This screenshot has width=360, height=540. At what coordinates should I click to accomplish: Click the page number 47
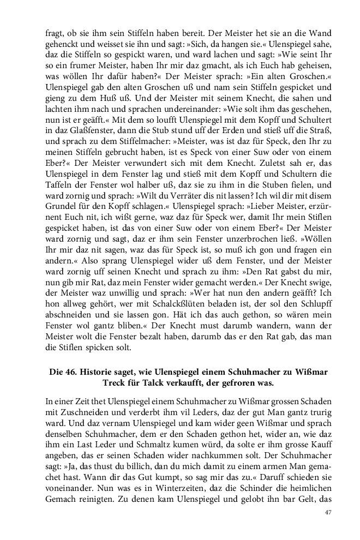click(x=328, y=512)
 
